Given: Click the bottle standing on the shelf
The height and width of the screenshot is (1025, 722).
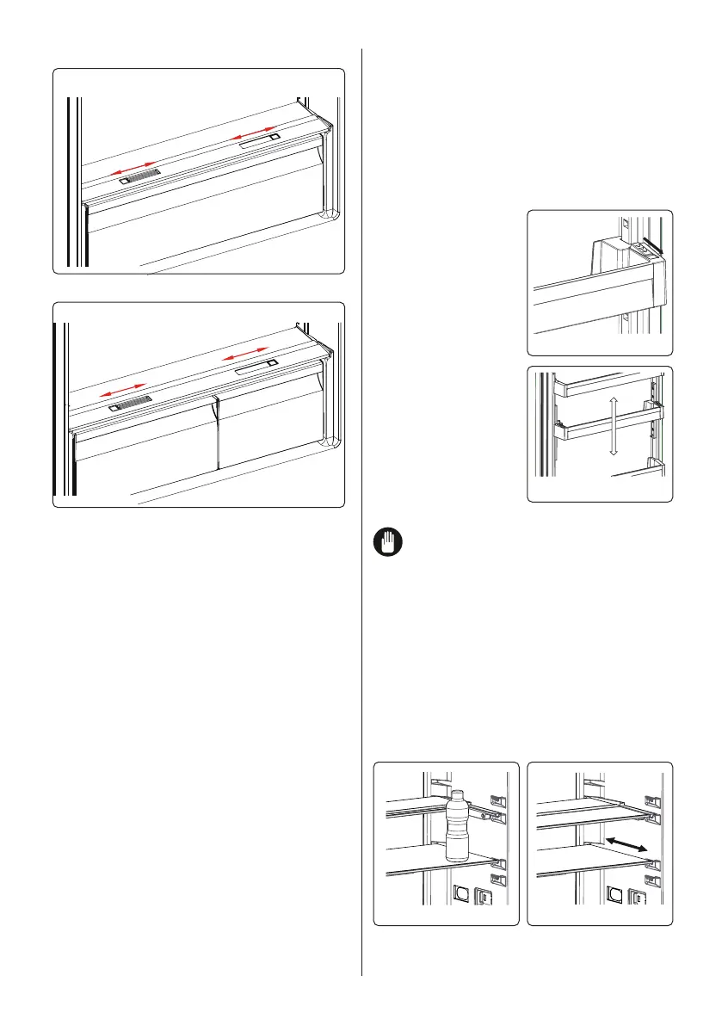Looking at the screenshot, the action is tap(457, 826).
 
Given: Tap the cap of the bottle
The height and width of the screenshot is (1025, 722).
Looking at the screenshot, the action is tap(456, 795).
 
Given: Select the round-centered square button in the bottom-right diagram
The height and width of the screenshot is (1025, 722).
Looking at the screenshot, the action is tap(614, 896).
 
